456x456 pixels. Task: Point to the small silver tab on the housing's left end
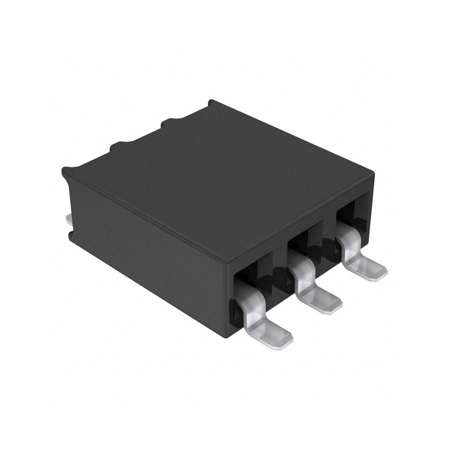[x=68, y=218]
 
